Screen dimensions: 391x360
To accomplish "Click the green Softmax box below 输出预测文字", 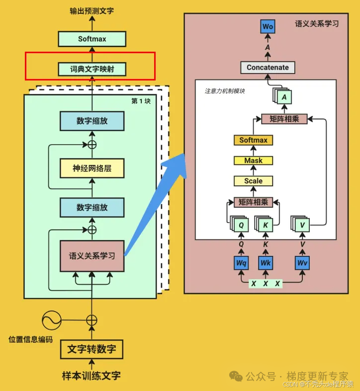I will (92, 39).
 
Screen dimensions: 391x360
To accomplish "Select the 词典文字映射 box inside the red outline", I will (92, 69).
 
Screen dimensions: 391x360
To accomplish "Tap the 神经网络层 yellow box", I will (92, 168).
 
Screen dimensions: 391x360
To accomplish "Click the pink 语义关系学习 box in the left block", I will (92, 256).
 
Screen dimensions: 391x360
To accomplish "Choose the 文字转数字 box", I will (92, 349).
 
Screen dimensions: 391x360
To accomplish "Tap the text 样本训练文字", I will (91, 375).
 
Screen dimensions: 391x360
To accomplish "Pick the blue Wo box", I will (268, 27).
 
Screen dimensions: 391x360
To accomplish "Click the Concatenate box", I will (268, 68).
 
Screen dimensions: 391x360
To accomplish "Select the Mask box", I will (253, 160).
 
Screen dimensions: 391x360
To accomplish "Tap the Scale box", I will (253, 181).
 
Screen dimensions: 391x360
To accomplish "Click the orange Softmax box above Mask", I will (253, 140).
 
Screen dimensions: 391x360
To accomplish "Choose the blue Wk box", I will (266, 263).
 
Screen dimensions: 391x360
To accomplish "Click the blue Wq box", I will (241, 263).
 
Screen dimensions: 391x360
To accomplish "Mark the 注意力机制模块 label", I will (225, 91).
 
